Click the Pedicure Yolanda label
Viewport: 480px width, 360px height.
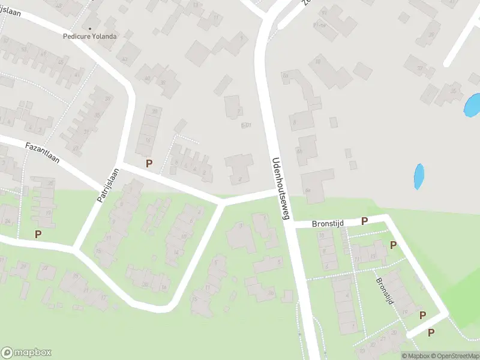click(90, 36)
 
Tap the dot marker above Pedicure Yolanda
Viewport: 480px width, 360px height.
click(91, 28)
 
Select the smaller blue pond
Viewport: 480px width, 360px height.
click(419, 176)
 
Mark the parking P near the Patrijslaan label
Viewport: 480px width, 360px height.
click(149, 163)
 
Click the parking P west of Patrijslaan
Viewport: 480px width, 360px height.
click(38, 234)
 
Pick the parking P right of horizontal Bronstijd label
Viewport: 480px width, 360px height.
click(364, 221)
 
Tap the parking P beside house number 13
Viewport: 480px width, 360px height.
click(393, 245)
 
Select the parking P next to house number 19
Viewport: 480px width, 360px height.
click(422, 315)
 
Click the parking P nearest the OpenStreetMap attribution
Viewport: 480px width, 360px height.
click(431, 332)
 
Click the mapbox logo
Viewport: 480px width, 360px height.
click(26, 353)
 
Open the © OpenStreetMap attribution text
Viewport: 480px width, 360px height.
click(455, 356)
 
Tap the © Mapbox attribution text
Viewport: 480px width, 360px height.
click(416, 356)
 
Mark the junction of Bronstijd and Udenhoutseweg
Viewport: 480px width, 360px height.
click(289, 224)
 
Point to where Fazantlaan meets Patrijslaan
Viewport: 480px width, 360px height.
click(120, 163)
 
